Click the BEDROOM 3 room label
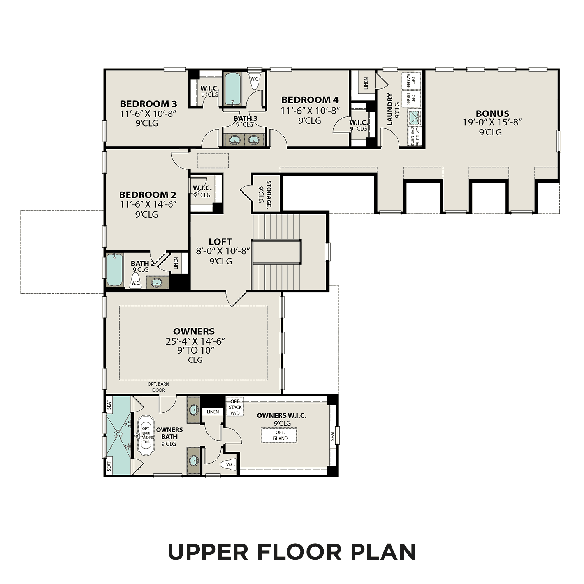click(x=148, y=104)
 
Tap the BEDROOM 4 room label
click(x=310, y=100)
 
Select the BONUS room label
click(x=492, y=114)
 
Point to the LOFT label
click(x=220, y=242)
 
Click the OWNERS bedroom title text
click(x=193, y=331)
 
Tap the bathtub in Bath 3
click(x=233, y=89)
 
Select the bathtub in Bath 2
click(x=115, y=270)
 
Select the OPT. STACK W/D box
click(x=235, y=407)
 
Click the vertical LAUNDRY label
click(x=390, y=109)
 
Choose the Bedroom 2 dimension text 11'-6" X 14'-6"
click(x=148, y=204)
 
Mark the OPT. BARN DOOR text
click(x=158, y=387)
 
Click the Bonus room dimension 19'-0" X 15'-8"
click(x=492, y=123)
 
